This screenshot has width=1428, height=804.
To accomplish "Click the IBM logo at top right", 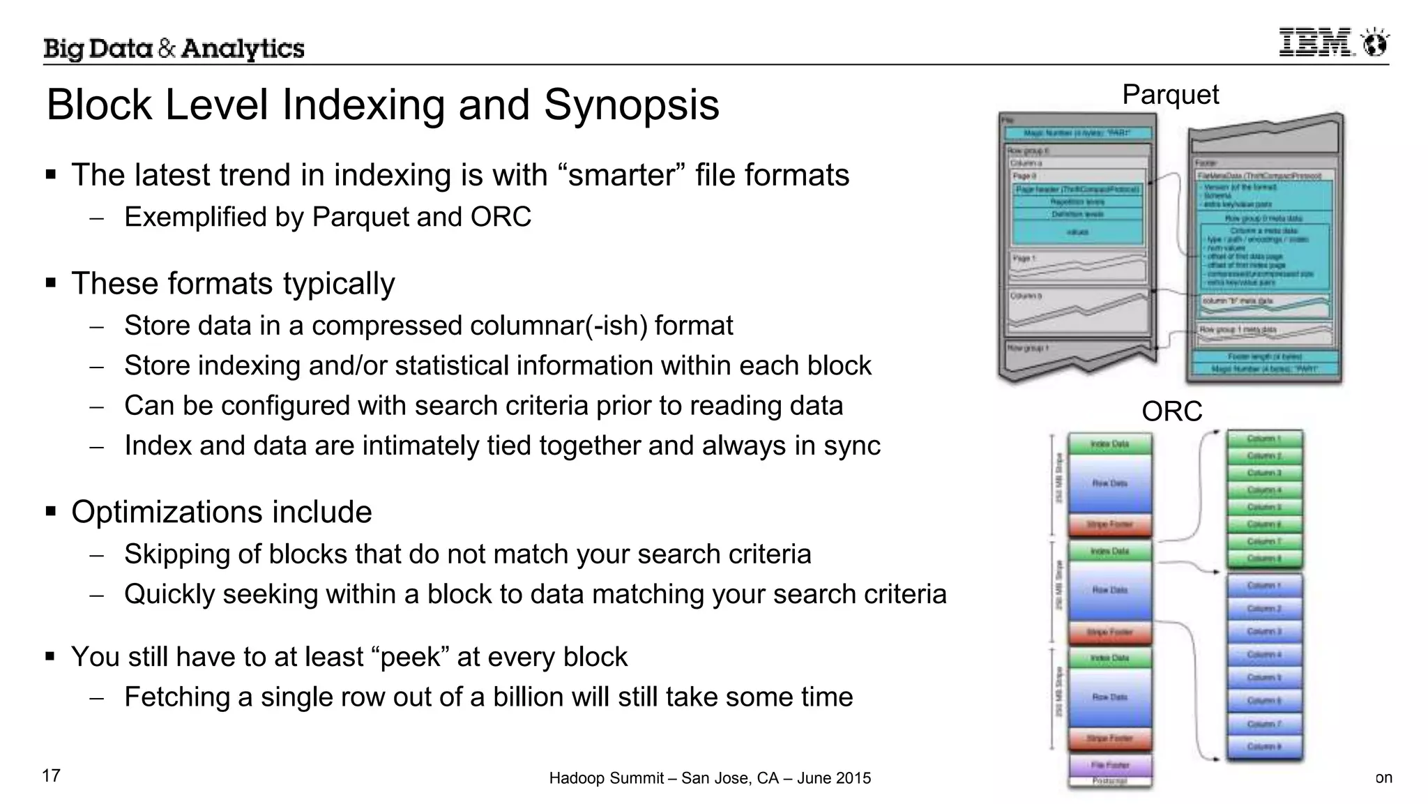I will click(1332, 43).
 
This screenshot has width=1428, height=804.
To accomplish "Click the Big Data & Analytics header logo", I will click(174, 49).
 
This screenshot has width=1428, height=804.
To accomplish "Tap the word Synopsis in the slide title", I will click(631, 105).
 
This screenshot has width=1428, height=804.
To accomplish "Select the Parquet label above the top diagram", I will click(1170, 95).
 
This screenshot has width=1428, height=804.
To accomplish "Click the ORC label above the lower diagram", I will click(1171, 411).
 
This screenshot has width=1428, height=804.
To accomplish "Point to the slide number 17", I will click(52, 775).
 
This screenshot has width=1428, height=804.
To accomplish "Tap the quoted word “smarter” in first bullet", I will click(623, 175).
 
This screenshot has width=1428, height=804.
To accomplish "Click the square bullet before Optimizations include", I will click(50, 512).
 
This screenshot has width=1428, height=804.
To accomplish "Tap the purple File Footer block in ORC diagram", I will click(1109, 765).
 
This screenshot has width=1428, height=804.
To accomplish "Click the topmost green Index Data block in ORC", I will click(1109, 443).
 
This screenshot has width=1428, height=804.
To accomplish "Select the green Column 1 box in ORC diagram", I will click(1264, 439).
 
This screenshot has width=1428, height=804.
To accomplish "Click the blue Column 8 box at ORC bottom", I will click(1264, 747).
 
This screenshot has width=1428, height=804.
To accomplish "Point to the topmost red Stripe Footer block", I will click(1109, 524).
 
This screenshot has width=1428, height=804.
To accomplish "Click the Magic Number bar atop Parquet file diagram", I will click(1077, 133).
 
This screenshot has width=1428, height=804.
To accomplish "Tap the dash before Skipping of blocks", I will click(96, 555).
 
